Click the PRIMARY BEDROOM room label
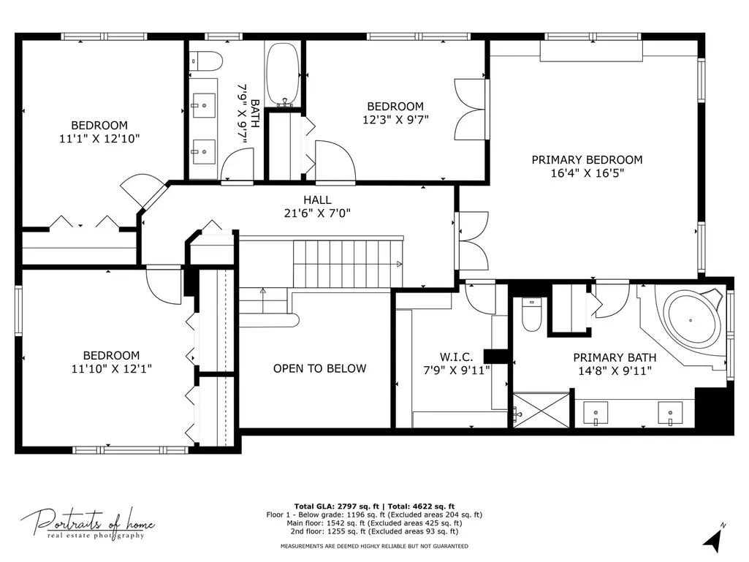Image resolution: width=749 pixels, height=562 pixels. pyautogui.click(x=587, y=159)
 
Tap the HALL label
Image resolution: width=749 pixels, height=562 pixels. pyautogui.click(x=317, y=200)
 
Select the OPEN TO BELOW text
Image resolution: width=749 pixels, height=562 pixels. pyautogui.click(x=319, y=368)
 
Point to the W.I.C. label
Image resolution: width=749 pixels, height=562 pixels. pyautogui.click(x=456, y=357)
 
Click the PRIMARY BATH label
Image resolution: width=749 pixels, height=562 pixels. pyautogui.click(x=615, y=357)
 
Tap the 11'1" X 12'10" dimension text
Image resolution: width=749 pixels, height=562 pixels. pyautogui.click(x=99, y=139)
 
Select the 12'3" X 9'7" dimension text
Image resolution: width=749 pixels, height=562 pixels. pyautogui.click(x=395, y=119)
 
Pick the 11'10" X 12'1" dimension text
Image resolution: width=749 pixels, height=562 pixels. pyautogui.click(x=111, y=368)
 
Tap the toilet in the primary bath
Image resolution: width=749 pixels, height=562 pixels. pyautogui.click(x=531, y=314)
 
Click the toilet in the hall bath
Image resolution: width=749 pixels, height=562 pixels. pyautogui.click(x=206, y=61)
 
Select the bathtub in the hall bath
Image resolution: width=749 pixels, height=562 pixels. pyautogui.click(x=284, y=75)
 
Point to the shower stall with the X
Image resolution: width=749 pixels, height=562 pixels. pyautogui.click(x=541, y=410)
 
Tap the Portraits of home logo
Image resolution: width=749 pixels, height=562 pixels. pyautogui.click(x=88, y=524)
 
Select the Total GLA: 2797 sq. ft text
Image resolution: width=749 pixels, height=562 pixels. pyautogui.click(x=337, y=506)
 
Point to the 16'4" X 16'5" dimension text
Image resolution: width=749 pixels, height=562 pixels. pyautogui.click(x=587, y=173)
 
